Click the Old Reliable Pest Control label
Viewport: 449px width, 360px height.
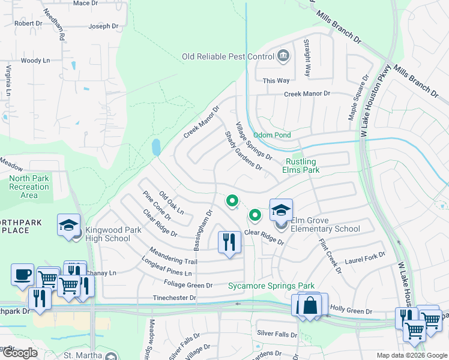[x=228, y=57]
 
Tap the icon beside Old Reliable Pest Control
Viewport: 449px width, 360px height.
[x=283, y=57]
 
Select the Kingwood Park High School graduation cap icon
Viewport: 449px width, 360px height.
[x=68, y=226]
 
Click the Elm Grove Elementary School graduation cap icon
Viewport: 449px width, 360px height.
[x=281, y=211]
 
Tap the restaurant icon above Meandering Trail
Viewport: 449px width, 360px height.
[x=229, y=242]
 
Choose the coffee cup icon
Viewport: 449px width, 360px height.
[x=23, y=274]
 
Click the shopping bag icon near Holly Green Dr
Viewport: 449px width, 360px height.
[x=310, y=305]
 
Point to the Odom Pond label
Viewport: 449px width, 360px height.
[x=272, y=136]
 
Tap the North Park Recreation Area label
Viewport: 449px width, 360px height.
[x=29, y=187]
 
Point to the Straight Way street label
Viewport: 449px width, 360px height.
[x=307, y=58]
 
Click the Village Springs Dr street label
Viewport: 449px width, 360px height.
[x=253, y=142]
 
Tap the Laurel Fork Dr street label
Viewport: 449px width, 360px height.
[x=364, y=259]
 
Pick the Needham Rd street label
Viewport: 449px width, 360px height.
[x=61, y=28]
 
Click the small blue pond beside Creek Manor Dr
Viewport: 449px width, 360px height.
[x=156, y=147]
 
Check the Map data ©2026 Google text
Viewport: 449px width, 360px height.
[x=412, y=355]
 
